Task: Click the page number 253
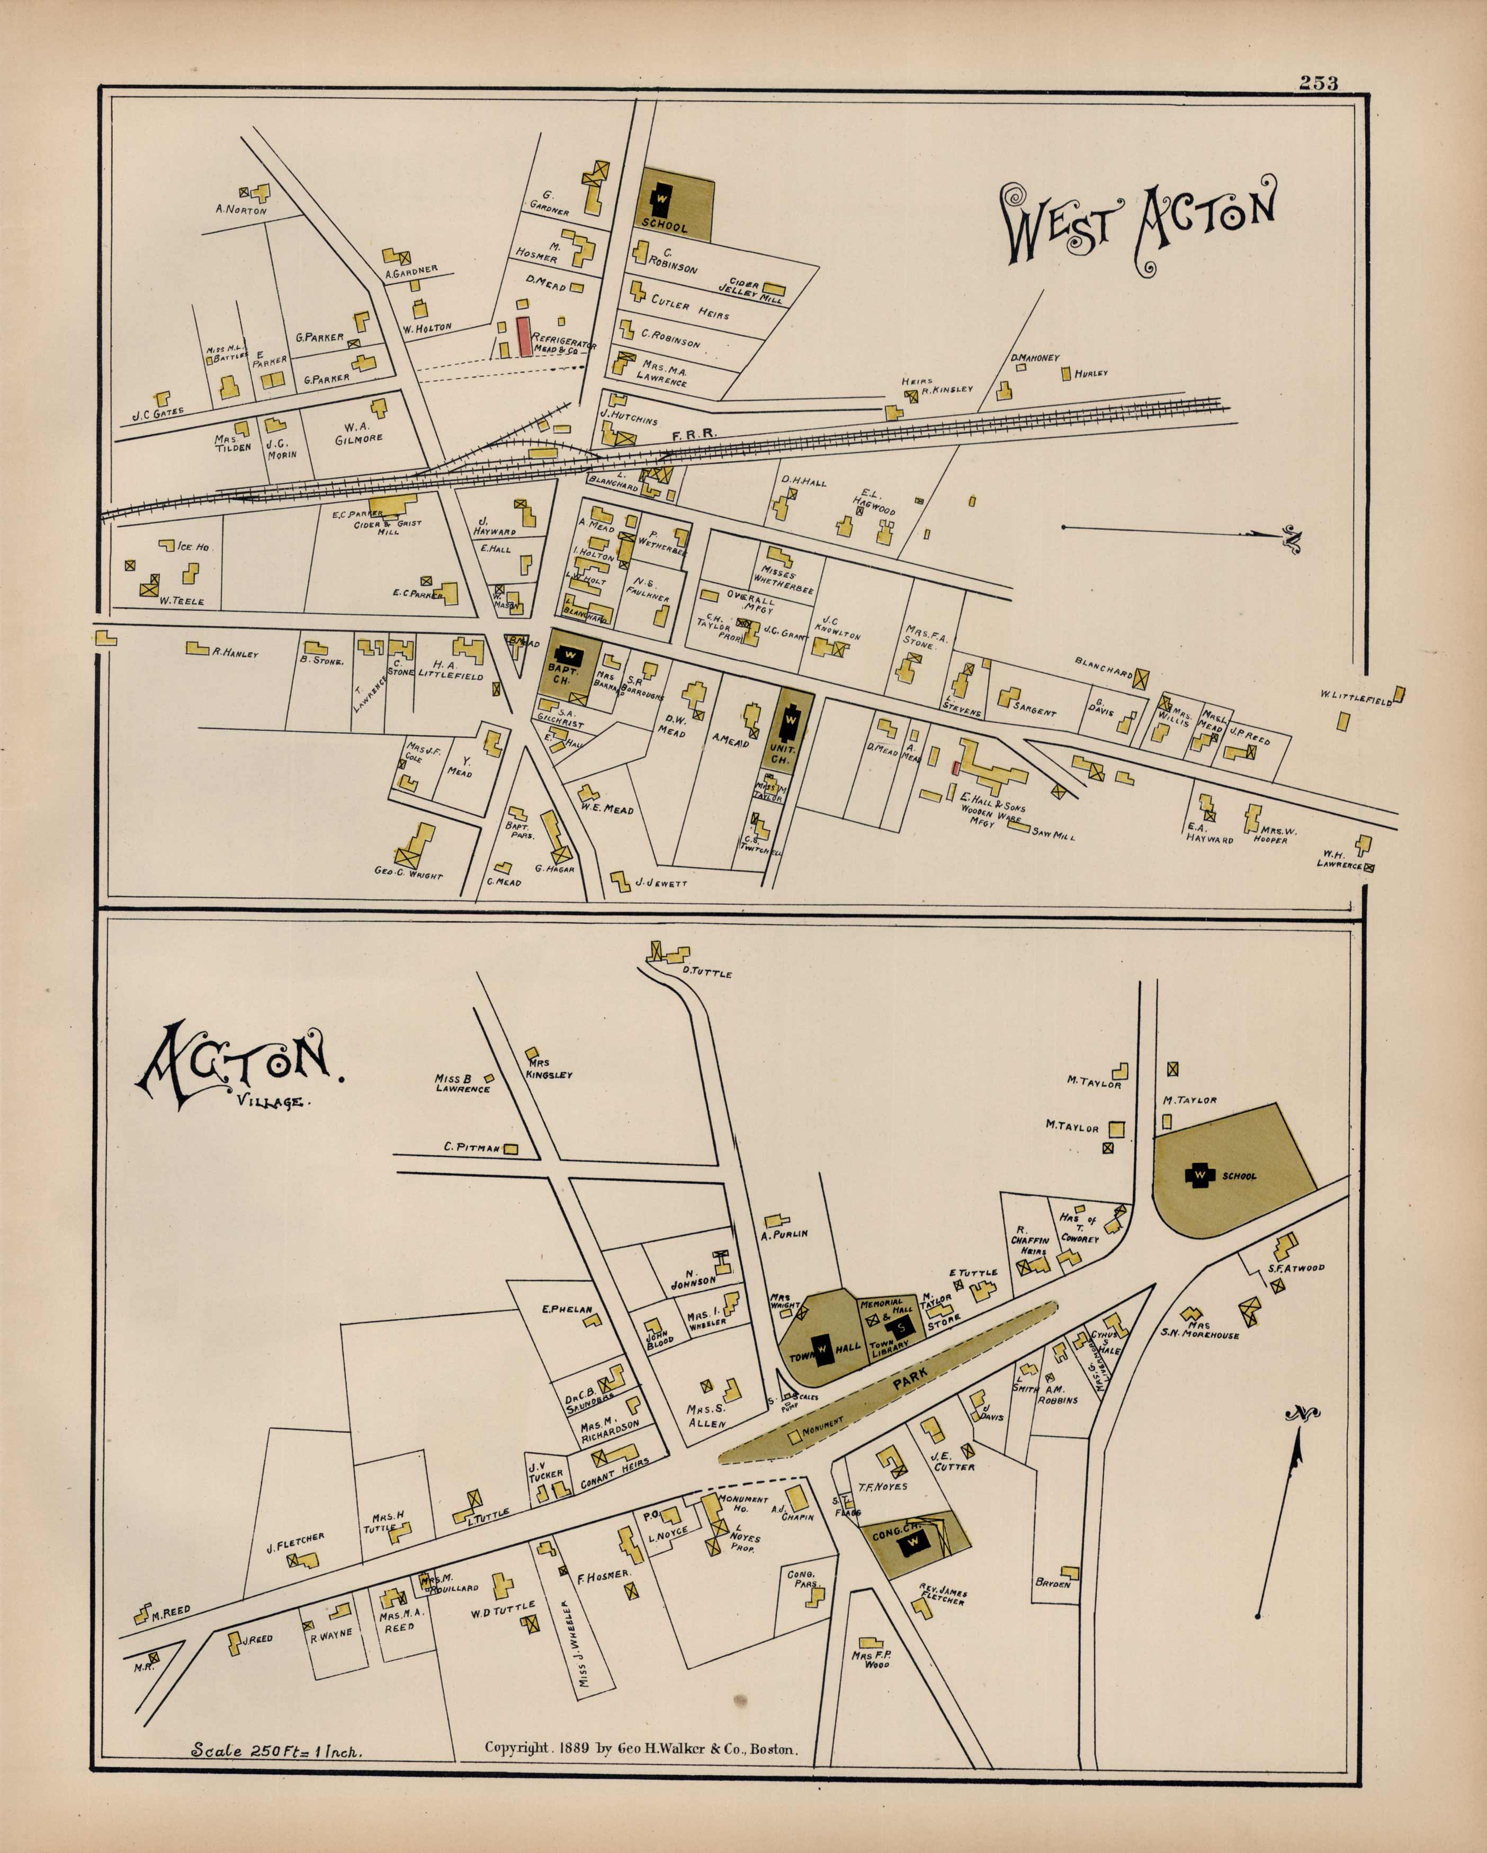(1318, 83)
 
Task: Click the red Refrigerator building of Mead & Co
(523, 336)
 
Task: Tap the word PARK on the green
(909, 1380)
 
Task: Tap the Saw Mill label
(1052, 834)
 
